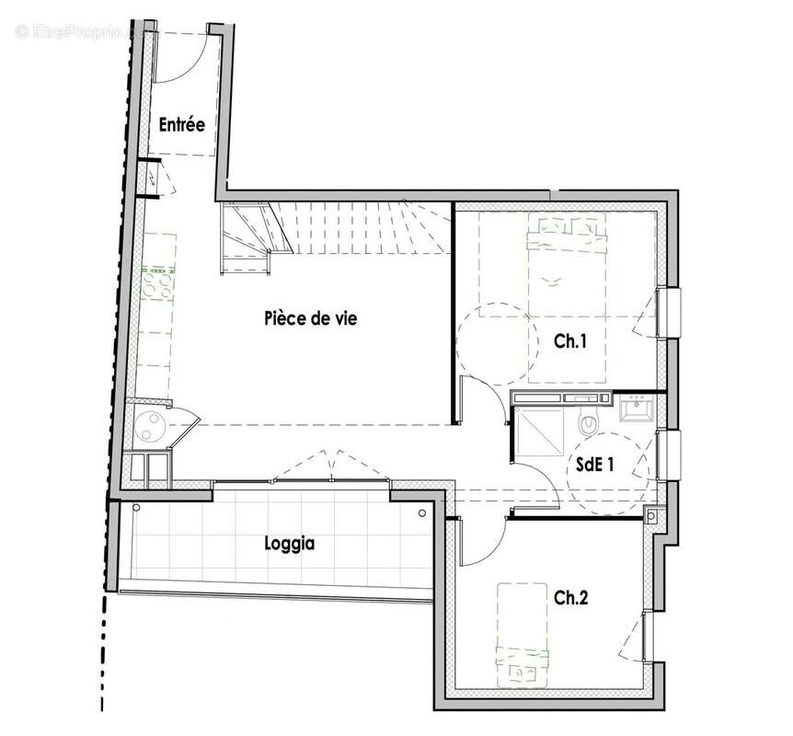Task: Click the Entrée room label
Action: click(181, 124)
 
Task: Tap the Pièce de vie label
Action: click(310, 319)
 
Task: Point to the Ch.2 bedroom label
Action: click(570, 597)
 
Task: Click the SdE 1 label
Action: click(595, 466)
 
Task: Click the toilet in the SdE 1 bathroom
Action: click(588, 422)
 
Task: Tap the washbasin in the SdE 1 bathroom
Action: click(637, 408)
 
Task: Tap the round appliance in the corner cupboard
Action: click(149, 425)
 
